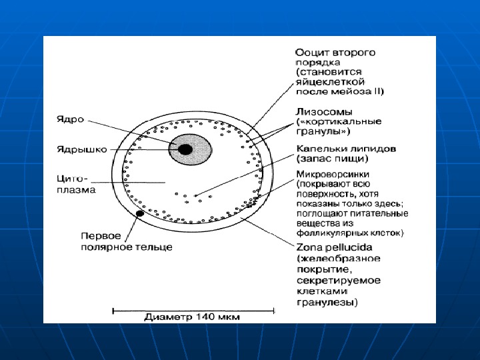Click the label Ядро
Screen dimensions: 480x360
pyautogui.click(x=73, y=119)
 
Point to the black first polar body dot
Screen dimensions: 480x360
pyautogui.click(x=140, y=214)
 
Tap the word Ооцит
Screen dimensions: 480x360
pyautogui.click(x=311, y=51)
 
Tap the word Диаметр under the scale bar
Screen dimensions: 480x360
pyautogui.click(x=170, y=317)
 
